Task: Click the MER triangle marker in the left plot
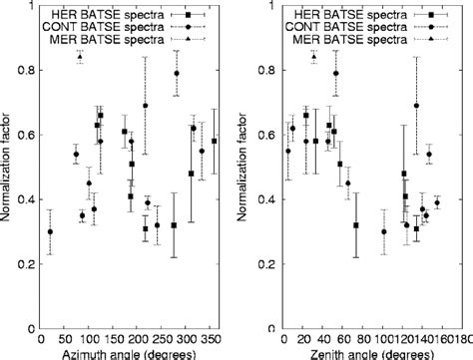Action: click(80, 57)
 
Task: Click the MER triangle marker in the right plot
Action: click(314, 57)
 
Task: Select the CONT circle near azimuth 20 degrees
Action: click(50, 231)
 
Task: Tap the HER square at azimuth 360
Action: click(215, 141)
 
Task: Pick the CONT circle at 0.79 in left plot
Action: click(177, 74)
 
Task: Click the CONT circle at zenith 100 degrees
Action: click(384, 231)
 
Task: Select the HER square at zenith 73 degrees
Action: click(356, 225)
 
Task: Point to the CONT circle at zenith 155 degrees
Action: click(437, 202)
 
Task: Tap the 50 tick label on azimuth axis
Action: click(64, 340)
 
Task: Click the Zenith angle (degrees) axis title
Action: click(372, 355)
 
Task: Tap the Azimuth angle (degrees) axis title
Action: click(129, 355)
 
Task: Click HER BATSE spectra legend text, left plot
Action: click(108, 15)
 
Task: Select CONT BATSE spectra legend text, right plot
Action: click(346, 27)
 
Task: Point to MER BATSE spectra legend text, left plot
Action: click(107, 39)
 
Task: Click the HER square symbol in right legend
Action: click(431, 15)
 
